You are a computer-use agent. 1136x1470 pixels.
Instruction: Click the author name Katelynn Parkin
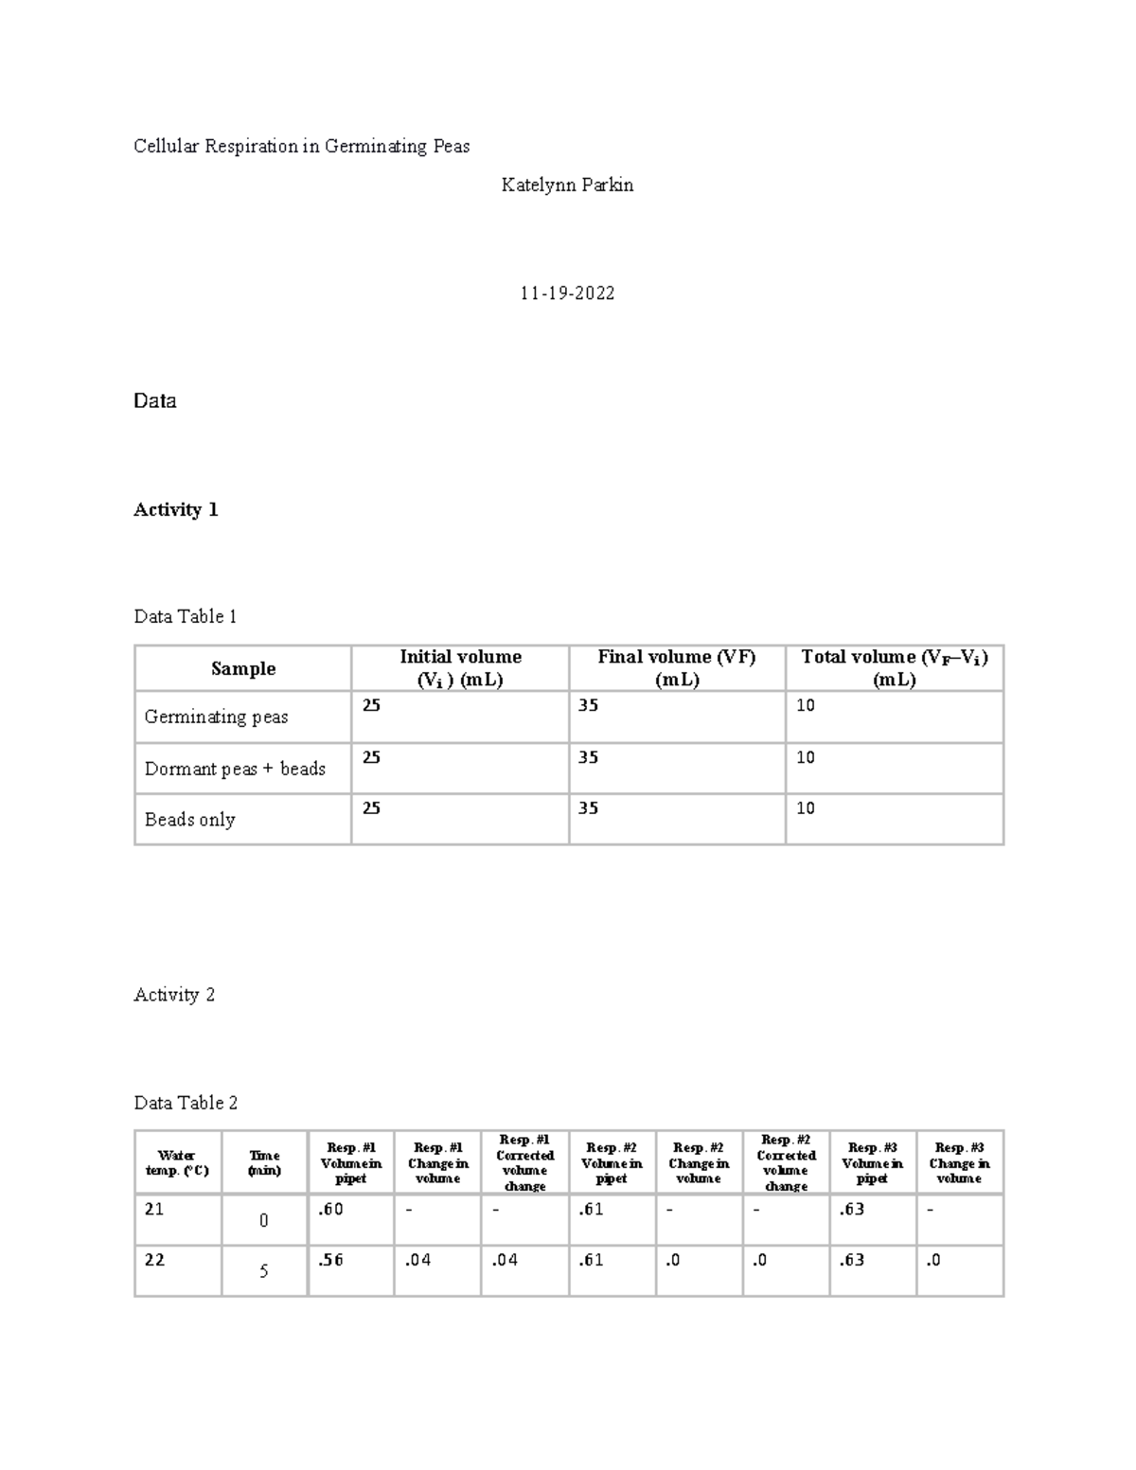click(567, 186)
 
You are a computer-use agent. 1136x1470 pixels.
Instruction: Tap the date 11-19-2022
click(567, 293)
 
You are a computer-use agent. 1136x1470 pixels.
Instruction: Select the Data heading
click(154, 401)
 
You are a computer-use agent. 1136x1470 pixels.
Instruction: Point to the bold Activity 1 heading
click(176, 510)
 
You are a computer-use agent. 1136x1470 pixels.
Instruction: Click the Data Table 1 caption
click(186, 617)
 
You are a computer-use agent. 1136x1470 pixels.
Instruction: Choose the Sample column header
click(243, 668)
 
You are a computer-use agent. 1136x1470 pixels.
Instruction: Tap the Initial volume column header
click(460, 667)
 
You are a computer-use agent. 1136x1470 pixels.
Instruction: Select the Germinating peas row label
click(216, 717)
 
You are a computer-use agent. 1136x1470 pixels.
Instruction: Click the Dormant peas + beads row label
click(235, 769)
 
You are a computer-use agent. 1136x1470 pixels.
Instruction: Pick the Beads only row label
click(189, 820)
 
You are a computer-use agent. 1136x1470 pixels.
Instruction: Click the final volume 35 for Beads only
click(588, 808)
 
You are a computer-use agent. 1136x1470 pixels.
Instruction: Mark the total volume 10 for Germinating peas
click(806, 706)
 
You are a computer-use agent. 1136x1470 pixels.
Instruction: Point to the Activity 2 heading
click(174, 995)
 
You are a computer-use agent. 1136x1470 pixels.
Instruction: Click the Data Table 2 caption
click(186, 1103)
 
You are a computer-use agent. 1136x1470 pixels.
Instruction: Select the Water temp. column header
click(177, 1162)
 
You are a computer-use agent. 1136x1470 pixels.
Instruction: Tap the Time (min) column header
click(264, 1162)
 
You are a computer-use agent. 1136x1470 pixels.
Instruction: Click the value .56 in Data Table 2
click(331, 1261)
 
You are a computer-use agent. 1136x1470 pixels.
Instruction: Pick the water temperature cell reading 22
click(154, 1261)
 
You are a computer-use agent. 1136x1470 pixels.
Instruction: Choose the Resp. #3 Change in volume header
click(959, 1162)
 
